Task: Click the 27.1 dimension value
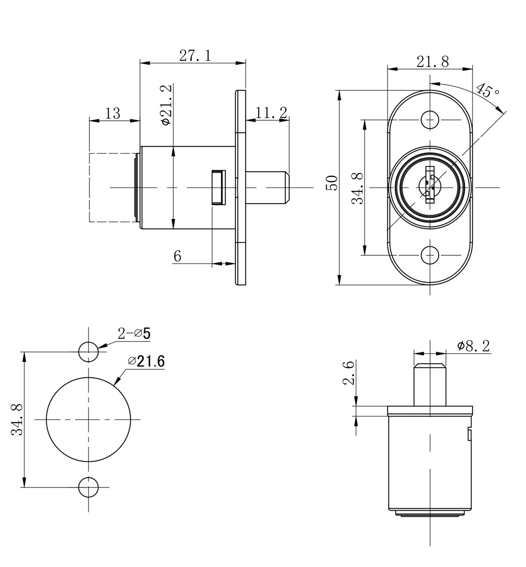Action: tap(194, 56)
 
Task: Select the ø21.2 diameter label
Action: tap(166, 104)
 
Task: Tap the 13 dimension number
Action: tap(113, 113)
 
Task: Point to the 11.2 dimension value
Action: tap(271, 112)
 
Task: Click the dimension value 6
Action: tap(177, 256)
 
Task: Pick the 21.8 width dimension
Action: tap(432, 62)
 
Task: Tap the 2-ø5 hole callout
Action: tap(134, 333)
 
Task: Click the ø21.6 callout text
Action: tap(146, 361)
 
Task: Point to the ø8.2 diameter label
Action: tap(473, 346)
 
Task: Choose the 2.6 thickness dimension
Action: tap(350, 373)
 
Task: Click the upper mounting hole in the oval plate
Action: tap(430, 120)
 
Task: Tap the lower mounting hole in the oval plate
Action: tap(430, 255)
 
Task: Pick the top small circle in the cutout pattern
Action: tap(88, 352)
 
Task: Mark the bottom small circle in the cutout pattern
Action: tap(88, 487)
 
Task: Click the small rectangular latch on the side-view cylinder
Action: tap(218, 187)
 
